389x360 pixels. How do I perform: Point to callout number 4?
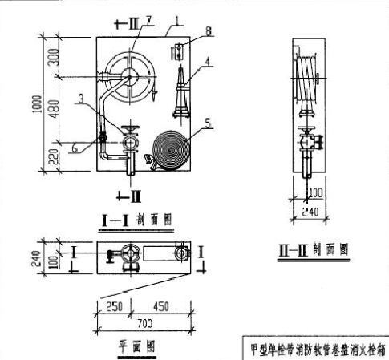pos(209,59)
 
